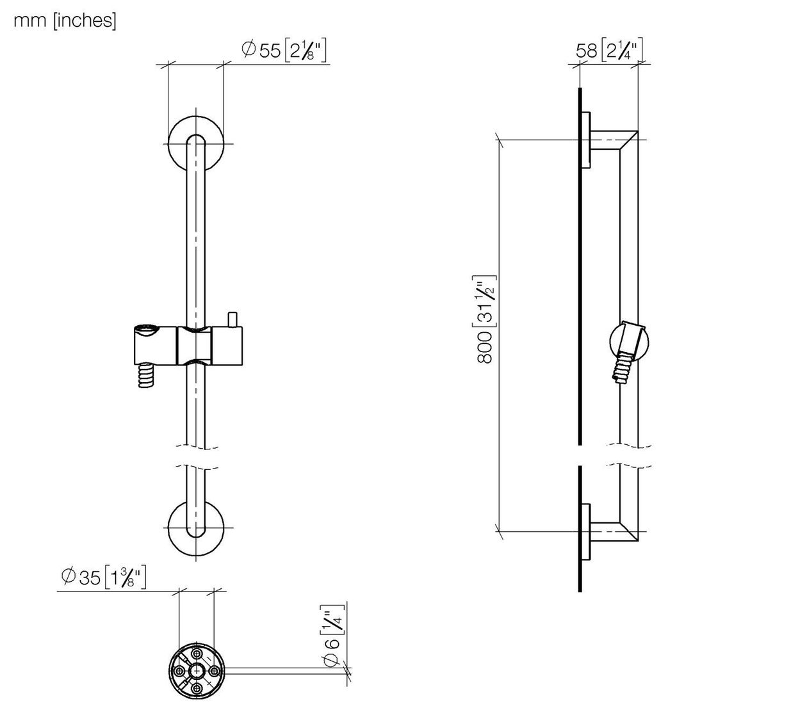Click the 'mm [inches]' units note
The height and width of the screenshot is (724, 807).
coord(65,20)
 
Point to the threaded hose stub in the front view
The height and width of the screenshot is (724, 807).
coord(146,375)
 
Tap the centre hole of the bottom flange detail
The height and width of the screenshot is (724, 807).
coord(197,671)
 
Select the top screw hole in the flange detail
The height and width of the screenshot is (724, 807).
coord(197,654)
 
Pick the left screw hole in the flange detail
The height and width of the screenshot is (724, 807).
coord(179,671)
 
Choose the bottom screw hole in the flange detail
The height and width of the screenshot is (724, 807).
coord(197,689)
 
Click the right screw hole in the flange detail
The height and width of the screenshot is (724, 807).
coord(215,671)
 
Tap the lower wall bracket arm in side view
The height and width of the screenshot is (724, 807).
coord(614,531)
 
